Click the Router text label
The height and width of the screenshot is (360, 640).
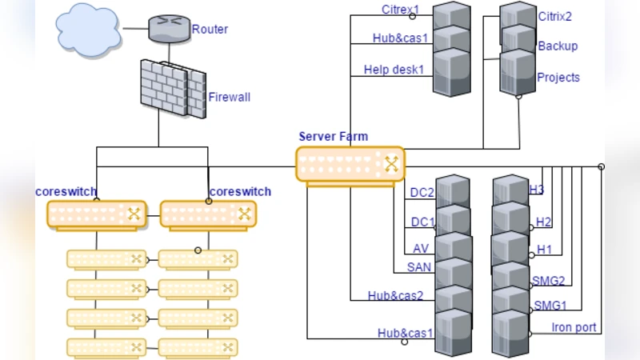pos(210,30)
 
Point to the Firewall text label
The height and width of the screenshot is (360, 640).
pos(230,98)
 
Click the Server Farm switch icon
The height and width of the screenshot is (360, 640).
pos(350,164)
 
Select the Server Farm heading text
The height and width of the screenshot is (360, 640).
pos(334,137)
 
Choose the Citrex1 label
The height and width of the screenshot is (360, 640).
pos(400,10)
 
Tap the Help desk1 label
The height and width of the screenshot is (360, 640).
pos(394,70)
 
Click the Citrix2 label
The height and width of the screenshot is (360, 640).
pos(554,15)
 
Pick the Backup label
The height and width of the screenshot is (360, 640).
pos(558,46)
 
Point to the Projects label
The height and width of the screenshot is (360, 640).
pos(558,78)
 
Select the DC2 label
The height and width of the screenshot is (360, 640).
pos(422,193)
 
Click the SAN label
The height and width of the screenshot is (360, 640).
pos(420,267)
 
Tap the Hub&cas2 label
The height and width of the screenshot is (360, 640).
pos(395,295)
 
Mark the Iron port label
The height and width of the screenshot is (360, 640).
pos(574,327)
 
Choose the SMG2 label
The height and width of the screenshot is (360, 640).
pos(549,281)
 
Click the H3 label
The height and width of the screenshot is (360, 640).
pos(537,190)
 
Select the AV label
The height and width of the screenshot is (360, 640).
pos(421,249)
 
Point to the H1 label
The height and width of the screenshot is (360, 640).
pos(544,250)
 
